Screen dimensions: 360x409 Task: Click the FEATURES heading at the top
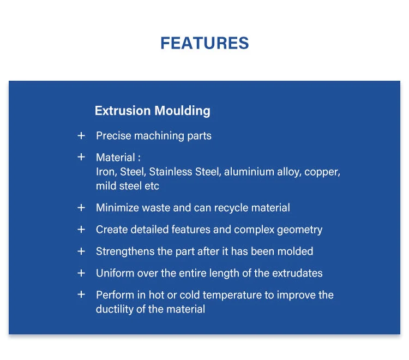click(x=204, y=43)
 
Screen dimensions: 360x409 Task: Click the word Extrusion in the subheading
click(x=122, y=111)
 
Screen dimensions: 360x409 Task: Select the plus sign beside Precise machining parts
click(x=81, y=135)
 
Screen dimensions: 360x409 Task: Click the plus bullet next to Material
click(x=81, y=157)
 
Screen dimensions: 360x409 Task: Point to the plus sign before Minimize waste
click(x=81, y=207)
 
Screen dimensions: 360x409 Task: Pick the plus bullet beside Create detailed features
click(x=81, y=229)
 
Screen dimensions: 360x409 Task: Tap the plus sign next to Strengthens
click(x=81, y=251)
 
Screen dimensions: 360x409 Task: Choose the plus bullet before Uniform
click(x=81, y=273)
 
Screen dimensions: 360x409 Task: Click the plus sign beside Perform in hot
click(x=81, y=295)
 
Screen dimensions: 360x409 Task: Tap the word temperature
click(x=245, y=295)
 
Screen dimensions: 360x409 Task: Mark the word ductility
click(x=113, y=309)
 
